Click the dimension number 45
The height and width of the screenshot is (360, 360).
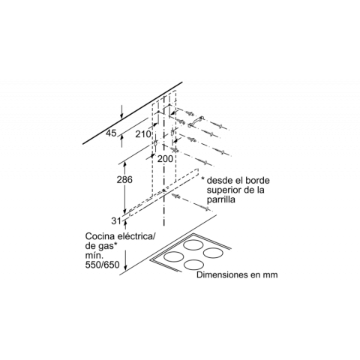click(111, 133)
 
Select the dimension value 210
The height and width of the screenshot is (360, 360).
click(143, 134)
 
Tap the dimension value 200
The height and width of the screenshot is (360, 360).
click(165, 158)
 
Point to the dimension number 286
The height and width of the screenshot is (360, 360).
click(124, 179)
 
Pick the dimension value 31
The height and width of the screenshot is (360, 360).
click(116, 221)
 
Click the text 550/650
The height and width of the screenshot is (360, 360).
click(103, 265)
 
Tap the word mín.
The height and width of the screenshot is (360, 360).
click(94, 255)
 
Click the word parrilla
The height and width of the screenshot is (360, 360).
click(221, 200)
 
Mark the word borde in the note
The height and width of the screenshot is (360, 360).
click(257, 180)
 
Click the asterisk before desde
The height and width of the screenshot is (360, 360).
click(203, 179)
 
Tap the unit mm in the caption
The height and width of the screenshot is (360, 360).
click(270, 275)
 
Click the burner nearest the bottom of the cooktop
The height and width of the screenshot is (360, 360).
click(193, 265)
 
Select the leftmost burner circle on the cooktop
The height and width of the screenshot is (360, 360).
click(175, 256)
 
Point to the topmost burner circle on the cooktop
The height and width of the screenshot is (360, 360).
click(193, 244)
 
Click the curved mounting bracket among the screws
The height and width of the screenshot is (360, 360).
click(196, 121)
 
